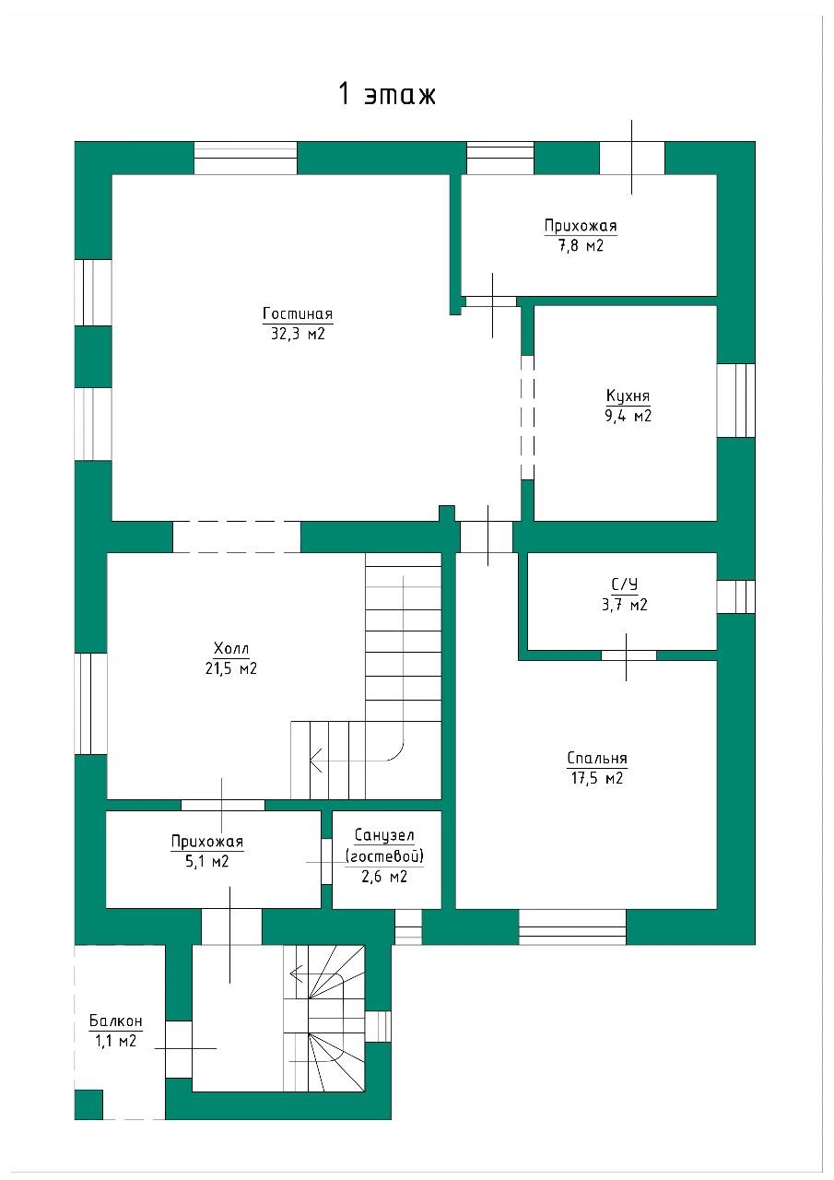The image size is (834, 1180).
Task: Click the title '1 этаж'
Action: click(387, 95)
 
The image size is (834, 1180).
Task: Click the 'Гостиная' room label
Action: click(298, 314)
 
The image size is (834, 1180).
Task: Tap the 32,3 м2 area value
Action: click(298, 334)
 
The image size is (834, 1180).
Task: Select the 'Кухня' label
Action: click(628, 396)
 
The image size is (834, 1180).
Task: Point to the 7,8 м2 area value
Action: click(581, 245)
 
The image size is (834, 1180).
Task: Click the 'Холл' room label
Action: click(231, 648)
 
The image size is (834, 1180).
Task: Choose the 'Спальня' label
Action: click(597, 758)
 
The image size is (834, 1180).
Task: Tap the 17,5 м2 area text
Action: click(597, 778)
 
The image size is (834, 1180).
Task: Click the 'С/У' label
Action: click(625, 584)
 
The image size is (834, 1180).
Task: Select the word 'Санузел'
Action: click(384, 835)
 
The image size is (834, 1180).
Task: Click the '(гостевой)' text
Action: click(384, 856)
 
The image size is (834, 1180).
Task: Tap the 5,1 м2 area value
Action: click(207, 861)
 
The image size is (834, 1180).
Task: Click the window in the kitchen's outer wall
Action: click(735, 400)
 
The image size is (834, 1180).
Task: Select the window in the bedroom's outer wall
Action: click(572, 927)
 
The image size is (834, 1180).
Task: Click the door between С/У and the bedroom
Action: click(628, 655)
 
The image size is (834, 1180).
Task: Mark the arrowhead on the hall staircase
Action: click(316, 761)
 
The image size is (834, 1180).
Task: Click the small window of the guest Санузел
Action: click(408, 927)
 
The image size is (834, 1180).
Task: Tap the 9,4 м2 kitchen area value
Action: click(628, 416)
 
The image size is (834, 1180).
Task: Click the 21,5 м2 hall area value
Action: click(231, 668)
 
